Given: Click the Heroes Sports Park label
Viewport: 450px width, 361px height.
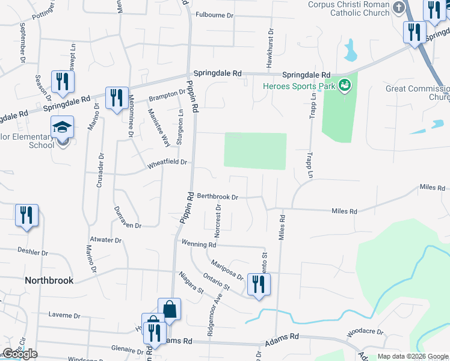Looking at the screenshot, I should (x=298, y=86).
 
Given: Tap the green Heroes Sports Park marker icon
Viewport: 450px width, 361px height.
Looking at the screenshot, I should (x=345, y=86).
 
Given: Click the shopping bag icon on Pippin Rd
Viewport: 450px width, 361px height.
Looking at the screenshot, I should (x=170, y=310).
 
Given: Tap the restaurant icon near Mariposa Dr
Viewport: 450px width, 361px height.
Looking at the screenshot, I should (x=259, y=285).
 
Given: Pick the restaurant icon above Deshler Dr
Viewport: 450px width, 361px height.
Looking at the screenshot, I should (x=26, y=216).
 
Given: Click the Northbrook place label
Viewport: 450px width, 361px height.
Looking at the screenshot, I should (x=49, y=280).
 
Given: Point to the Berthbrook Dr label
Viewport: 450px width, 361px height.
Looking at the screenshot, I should (x=218, y=197).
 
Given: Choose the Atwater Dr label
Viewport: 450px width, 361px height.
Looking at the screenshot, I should (x=106, y=239).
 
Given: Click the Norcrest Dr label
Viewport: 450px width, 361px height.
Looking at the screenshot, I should (x=219, y=217).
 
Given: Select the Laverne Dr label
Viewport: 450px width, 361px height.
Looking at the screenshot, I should (x=64, y=315).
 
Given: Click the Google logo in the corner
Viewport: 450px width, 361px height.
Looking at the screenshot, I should (x=20, y=354).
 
